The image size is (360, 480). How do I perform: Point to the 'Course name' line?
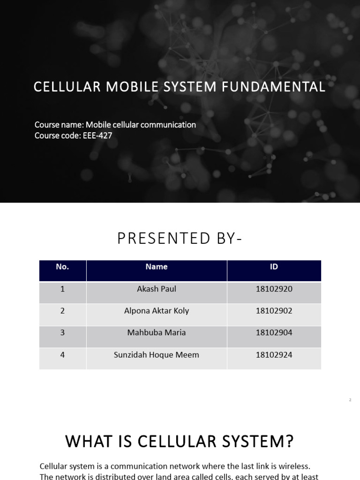(115, 125)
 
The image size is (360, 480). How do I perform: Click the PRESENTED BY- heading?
(180, 239)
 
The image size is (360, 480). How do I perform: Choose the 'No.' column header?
(62, 267)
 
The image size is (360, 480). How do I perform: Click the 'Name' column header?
(157, 267)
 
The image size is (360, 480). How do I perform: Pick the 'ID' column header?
(274, 267)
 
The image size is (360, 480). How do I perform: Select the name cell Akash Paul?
(157, 289)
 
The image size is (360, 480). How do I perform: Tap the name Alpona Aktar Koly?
(157, 311)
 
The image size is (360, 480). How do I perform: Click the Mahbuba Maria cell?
(157, 333)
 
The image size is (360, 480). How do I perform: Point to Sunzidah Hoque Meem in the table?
(157, 355)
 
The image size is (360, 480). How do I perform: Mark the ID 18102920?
(274, 289)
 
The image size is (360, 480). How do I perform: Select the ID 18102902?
(274, 311)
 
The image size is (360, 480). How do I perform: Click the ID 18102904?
(274, 333)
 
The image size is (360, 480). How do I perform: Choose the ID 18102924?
(274, 355)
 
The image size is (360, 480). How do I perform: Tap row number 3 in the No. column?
(62, 333)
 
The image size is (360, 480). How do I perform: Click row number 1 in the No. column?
(62, 289)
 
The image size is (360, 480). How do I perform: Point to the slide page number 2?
(350, 400)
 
